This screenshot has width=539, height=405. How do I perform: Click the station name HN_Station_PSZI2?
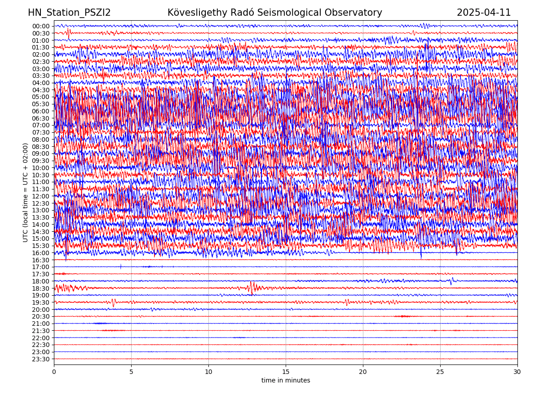pyautogui.click(x=69, y=13)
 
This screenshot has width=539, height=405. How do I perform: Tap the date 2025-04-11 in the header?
pyautogui.click(x=484, y=13)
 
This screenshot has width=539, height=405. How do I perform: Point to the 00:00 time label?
pyautogui.click(x=41, y=26)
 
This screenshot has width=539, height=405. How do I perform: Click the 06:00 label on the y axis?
pyautogui.click(x=41, y=111)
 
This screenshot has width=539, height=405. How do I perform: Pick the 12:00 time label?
pyautogui.click(x=41, y=196)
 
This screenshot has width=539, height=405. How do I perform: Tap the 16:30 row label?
pyautogui.click(x=41, y=260)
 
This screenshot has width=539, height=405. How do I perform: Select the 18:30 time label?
pyautogui.click(x=41, y=288)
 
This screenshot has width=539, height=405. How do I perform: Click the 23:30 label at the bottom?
pyautogui.click(x=41, y=359)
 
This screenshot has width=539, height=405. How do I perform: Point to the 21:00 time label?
pyautogui.click(x=41, y=324)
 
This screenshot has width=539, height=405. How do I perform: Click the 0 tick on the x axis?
pyautogui.click(x=54, y=372)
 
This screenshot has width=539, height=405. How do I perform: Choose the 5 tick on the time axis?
pyautogui.click(x=131, y=372)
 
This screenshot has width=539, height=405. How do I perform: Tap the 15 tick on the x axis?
pyautogui.click(x=286, y=372)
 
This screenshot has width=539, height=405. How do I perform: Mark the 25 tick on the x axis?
pyautogui.click(x=440, y=372)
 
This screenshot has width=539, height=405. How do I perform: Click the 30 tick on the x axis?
pyautogui.click(x=517, y=372)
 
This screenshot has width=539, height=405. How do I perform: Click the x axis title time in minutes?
pyautogui.click(x=286, y=381)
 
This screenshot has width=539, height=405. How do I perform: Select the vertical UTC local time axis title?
pyautogui.click(x=26, y=192)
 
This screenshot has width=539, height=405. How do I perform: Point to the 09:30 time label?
pyautogui.click(x=41, y=161)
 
